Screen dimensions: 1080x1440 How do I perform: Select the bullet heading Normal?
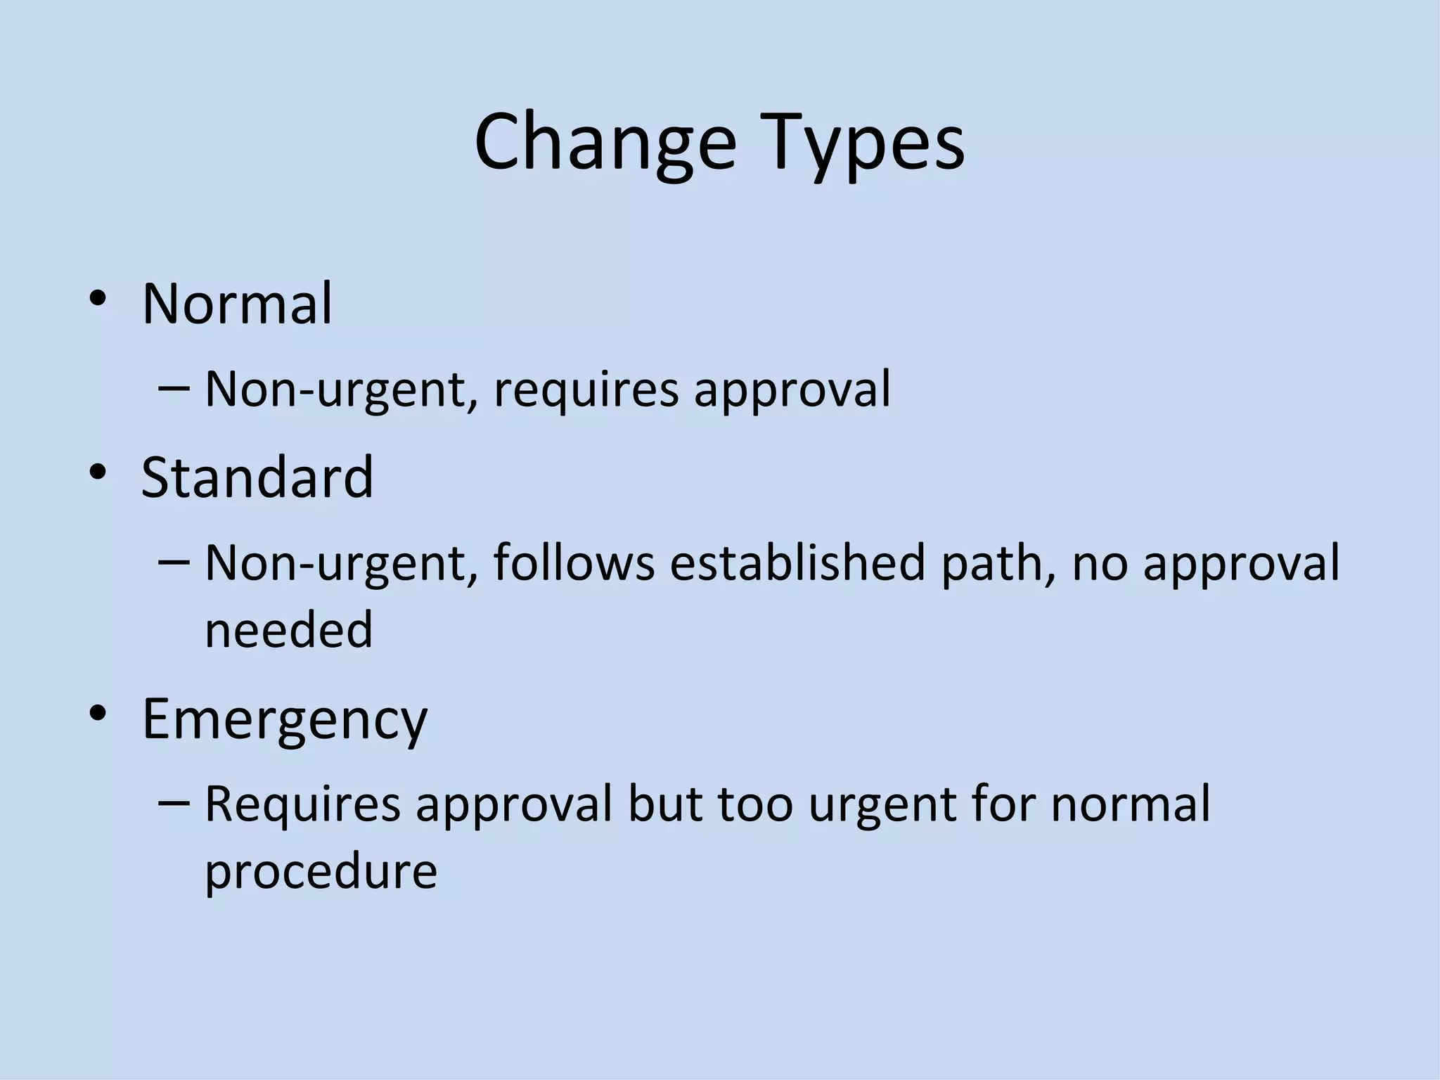click(237, 304)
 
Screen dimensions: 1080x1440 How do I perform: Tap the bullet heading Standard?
click(257, 477)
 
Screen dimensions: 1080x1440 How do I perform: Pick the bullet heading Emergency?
click(285, 719)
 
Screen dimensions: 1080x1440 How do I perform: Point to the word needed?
click(288, 629)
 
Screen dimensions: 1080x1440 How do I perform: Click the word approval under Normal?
click(792, 390)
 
